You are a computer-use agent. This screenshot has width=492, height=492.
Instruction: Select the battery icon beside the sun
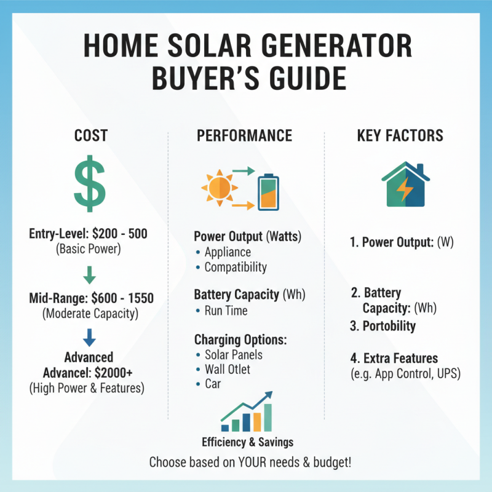click(x=268, y=191)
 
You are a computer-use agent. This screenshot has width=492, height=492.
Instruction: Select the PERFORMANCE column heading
click(x=244, y=136)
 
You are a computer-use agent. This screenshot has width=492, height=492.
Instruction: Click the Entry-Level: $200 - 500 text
click(x=89, y=234)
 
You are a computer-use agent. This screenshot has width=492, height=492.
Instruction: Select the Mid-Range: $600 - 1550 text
click(x=90, y=299)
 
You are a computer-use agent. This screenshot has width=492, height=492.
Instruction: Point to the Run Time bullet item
click(x=226, y=311)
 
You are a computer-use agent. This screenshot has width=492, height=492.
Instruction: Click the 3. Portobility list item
click(x=383, y=326)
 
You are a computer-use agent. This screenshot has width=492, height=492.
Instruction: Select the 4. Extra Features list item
click(x=394, y=358)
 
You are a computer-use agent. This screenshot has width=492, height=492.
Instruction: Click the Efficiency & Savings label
click(x=247, y=442)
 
